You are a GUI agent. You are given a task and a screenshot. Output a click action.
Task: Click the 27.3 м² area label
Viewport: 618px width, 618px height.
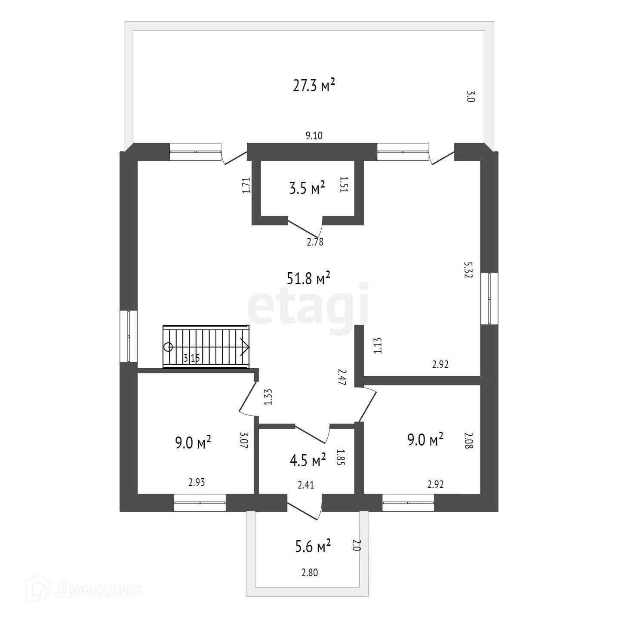coord(314,86)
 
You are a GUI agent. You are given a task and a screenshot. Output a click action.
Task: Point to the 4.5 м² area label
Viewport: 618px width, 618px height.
coord(307,461)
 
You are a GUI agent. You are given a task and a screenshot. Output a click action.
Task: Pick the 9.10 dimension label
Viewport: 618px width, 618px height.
coord(314,136)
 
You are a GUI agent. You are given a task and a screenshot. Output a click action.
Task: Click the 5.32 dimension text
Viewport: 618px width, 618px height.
coord(468,270)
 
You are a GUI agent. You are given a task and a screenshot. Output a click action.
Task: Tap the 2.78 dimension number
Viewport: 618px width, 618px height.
coord(315,242)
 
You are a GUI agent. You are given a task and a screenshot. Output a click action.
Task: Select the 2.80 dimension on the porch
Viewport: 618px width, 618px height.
coord(310,572)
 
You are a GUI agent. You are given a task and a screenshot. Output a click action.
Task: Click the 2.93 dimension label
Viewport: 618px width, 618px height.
coord(196,483)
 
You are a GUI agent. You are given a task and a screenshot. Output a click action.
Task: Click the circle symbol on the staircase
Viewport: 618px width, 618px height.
coord(168,347)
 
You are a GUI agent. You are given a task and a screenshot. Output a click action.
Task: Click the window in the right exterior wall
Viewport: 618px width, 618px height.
coord(489,298)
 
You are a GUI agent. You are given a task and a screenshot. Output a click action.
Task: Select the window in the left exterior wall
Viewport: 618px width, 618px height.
coord(129,336)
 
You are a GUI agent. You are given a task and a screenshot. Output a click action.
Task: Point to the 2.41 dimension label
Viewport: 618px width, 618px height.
coord(306,486)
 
